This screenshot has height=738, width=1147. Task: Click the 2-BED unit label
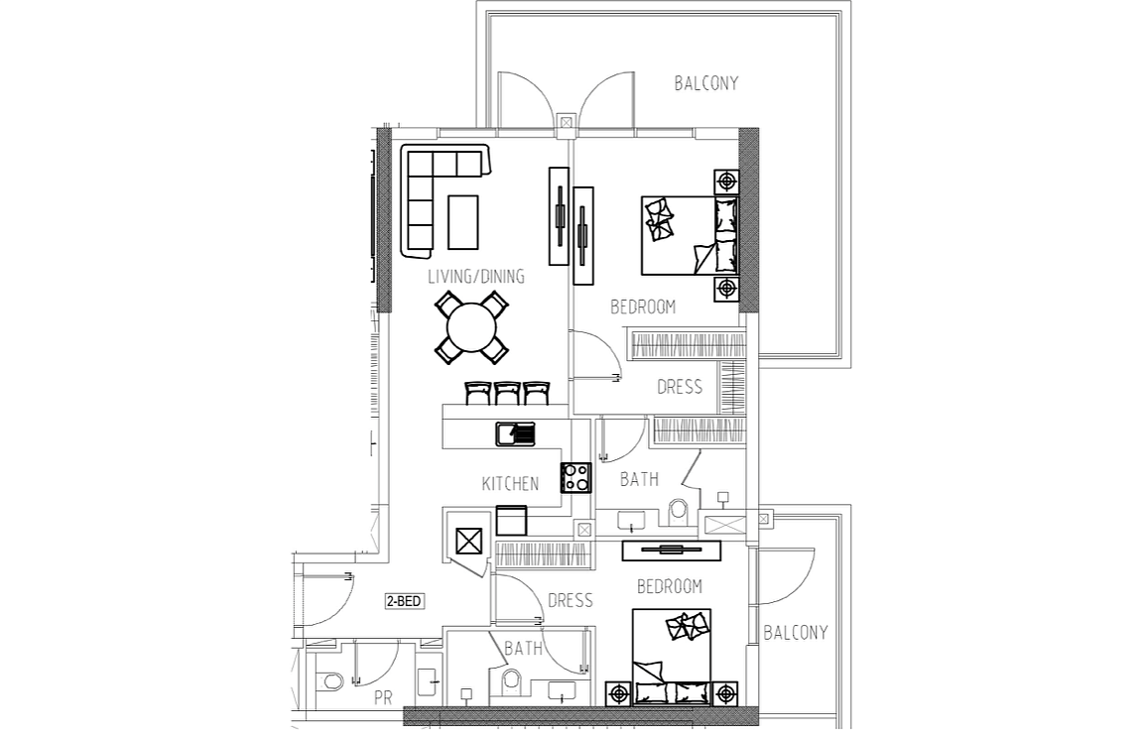[x=404, y=601]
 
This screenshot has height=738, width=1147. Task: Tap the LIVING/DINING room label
[x=476, y=277]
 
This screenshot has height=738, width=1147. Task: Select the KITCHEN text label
[x=510, y=483]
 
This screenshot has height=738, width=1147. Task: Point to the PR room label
[x=383, y=698]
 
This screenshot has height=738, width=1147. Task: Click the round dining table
[x=472, y=327]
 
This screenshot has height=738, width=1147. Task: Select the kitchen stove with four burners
[x=575, y=477]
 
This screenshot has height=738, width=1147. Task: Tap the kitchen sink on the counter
[x=516, y=434]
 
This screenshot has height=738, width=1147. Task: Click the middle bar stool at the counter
[x=508, y=393]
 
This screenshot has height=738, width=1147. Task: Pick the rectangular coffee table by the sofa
[x=463, y=222]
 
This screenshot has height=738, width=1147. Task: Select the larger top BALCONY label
[x=705, y=83]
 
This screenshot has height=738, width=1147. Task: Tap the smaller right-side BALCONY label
[x=795, y=633]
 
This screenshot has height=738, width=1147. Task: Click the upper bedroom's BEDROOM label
[x=643, y=307]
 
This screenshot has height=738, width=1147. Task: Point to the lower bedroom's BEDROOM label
[x=670, y=586]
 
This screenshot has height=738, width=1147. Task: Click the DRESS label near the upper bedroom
[x=680, y=387]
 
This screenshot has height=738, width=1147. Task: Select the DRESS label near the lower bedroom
[x=570, y=601]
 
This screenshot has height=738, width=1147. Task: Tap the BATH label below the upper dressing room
[x=639, y=480]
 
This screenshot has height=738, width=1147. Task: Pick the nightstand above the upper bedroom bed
[x=726, y=182]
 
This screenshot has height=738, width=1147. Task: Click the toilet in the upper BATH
[x=679, y=511]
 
